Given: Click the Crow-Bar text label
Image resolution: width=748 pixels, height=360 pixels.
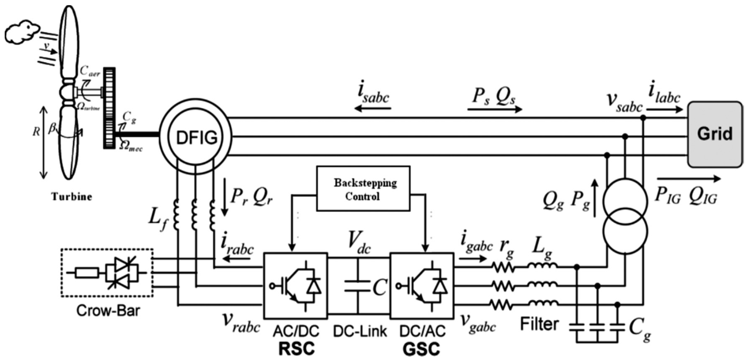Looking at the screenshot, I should pyautogui.click(x=108, y=311).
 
